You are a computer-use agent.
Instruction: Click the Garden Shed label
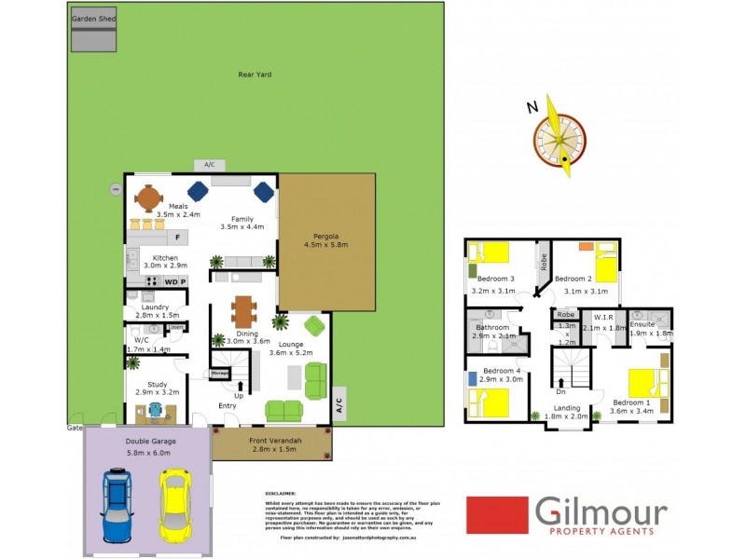pyautogui.click(x=93, y=18)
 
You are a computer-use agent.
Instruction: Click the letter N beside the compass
pyautogui.click(x=532, y=107)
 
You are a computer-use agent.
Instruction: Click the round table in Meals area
pyautogui.click(x=148, y=198)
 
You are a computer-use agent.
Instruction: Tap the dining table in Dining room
pyautogui.click(x=244, y=311)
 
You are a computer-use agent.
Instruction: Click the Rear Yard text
pyautogui.click(x=255, y=75)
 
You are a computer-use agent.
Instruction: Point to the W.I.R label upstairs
pyautogui.click(x=602, y=318)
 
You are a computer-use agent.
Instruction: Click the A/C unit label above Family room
pyautogui.click(x=209, y=165)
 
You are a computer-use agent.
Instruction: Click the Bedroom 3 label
pyautogui.click(x=496, y=279)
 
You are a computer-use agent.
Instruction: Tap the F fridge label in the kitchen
pyautogui.click(x=177, y=238)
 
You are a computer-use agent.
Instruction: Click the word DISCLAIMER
pyautogui.click(x=281, y=493)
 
